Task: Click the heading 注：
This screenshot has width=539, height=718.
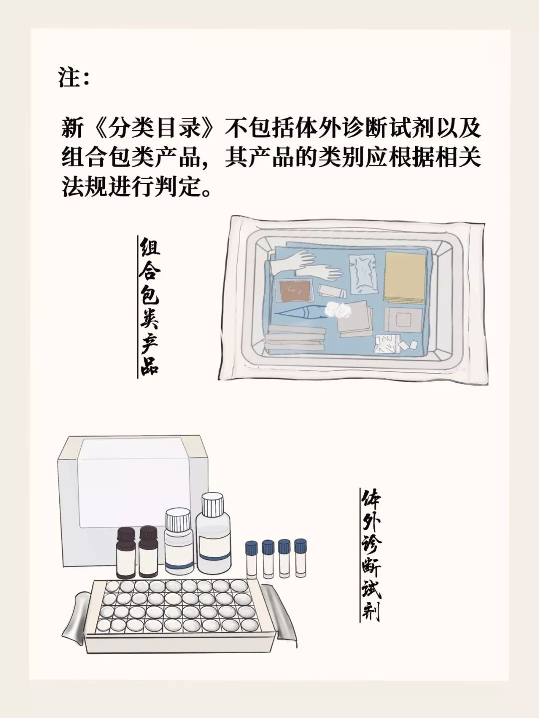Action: tap(73, 78)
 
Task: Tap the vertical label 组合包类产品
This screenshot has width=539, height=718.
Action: tap(149, 306)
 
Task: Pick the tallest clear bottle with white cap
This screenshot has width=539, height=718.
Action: tap(213, 534)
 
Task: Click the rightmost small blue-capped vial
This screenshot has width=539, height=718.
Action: tap(300, 558)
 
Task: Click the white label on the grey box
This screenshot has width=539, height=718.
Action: tap(135, 484)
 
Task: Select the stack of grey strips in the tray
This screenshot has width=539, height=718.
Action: tap(295, 337)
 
